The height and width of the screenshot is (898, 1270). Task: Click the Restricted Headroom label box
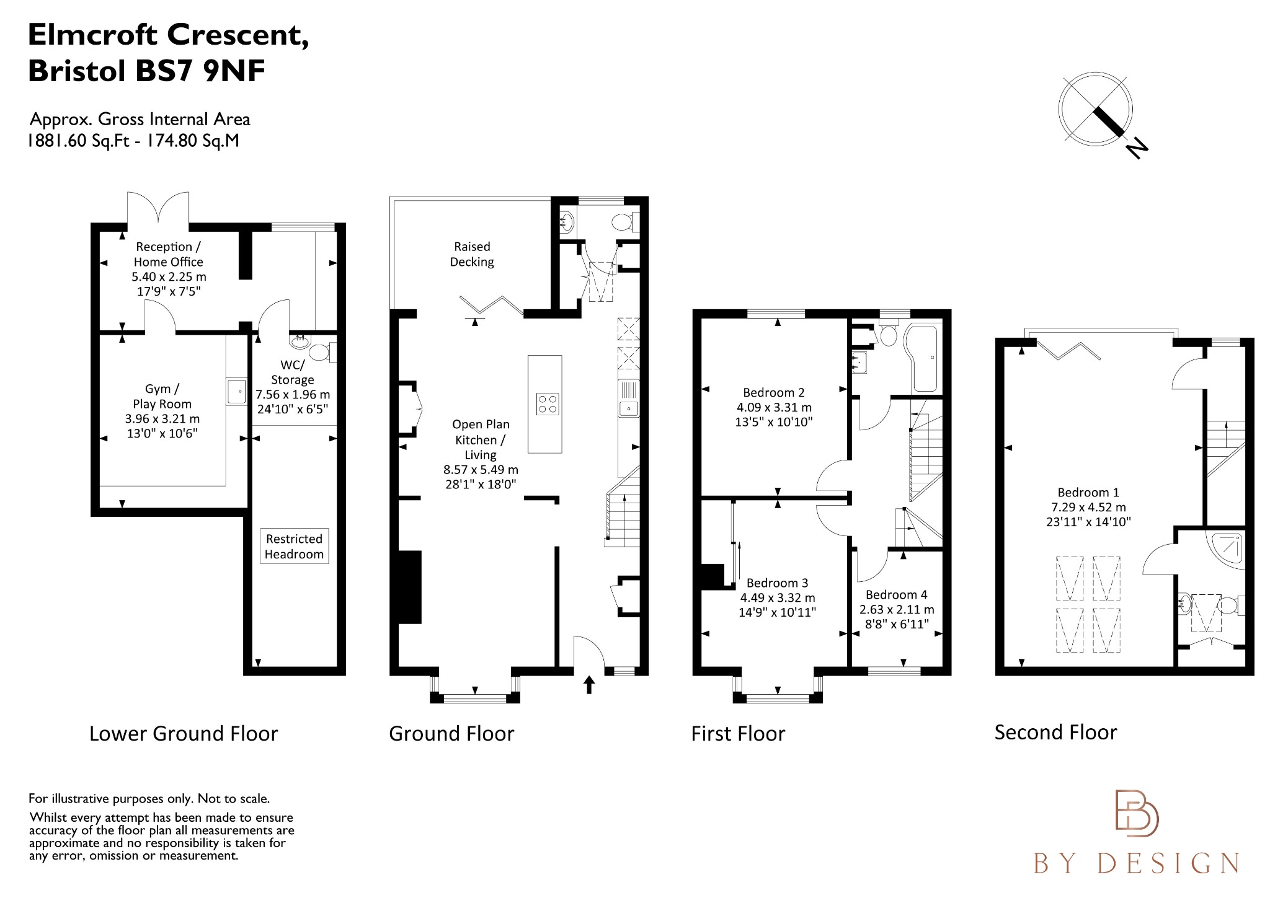coord(294,547)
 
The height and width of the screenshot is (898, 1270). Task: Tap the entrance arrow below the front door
coord(589,685)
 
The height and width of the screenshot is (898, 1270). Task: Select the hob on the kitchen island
coord(548,404)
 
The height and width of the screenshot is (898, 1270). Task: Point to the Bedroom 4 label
coord(896,595)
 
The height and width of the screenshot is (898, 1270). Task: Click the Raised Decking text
coord(472,254)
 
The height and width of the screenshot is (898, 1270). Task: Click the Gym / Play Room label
coord(162,396)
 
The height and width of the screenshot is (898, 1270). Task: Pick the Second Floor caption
coord(1055,733)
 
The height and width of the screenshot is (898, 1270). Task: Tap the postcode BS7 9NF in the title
coord(200,71)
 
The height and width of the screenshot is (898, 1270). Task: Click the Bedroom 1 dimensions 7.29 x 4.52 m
coord(1088,507)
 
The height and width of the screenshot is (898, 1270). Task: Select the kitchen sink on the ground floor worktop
coord(628,408)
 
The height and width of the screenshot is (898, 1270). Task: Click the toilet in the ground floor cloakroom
coord(622,222)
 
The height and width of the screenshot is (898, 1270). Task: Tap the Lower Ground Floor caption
coord(184,734)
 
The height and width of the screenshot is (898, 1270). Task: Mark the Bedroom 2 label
coord(773,393)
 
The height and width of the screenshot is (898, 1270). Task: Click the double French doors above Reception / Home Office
coord(158,208)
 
